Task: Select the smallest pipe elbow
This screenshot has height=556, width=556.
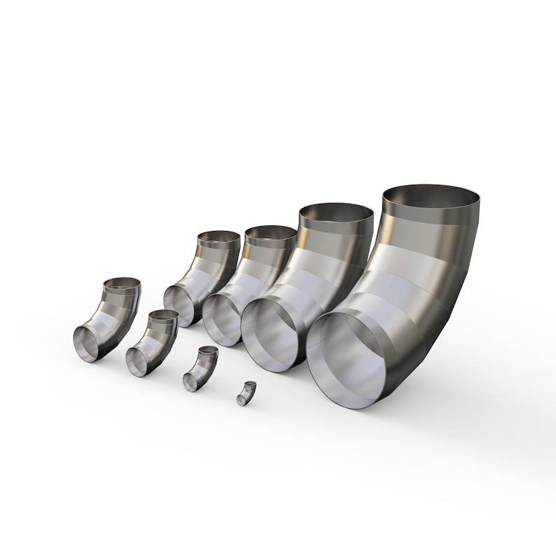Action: (246, 394)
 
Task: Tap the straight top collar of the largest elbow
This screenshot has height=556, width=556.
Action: (433, 214)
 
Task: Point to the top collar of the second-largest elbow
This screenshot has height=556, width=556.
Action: (336, 225)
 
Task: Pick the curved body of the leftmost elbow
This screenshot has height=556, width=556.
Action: (119, 315)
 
